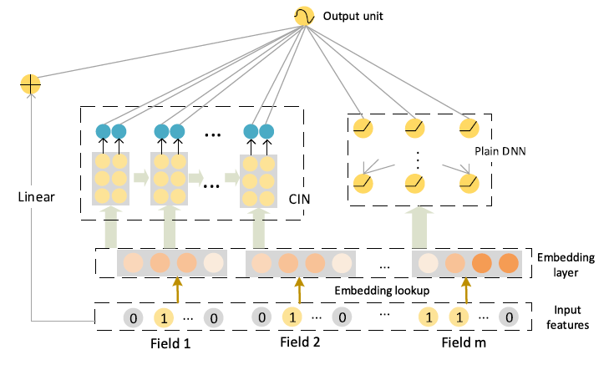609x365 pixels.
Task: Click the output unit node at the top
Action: (303, 15)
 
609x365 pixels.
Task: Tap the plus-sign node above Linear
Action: (30, 84)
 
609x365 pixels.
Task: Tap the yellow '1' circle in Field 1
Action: (164, 317)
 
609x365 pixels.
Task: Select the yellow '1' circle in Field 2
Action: (291, 317)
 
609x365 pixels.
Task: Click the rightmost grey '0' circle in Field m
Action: (507, 317)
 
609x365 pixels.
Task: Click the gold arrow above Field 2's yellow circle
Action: (298, 289)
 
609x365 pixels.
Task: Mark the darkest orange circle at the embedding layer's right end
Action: (507, 264)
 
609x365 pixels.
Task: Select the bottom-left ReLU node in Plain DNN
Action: (363, 180)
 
